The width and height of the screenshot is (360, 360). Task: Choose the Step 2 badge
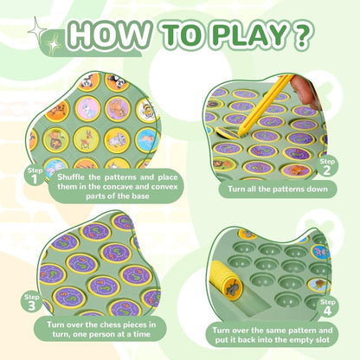click(x=327, y=165)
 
